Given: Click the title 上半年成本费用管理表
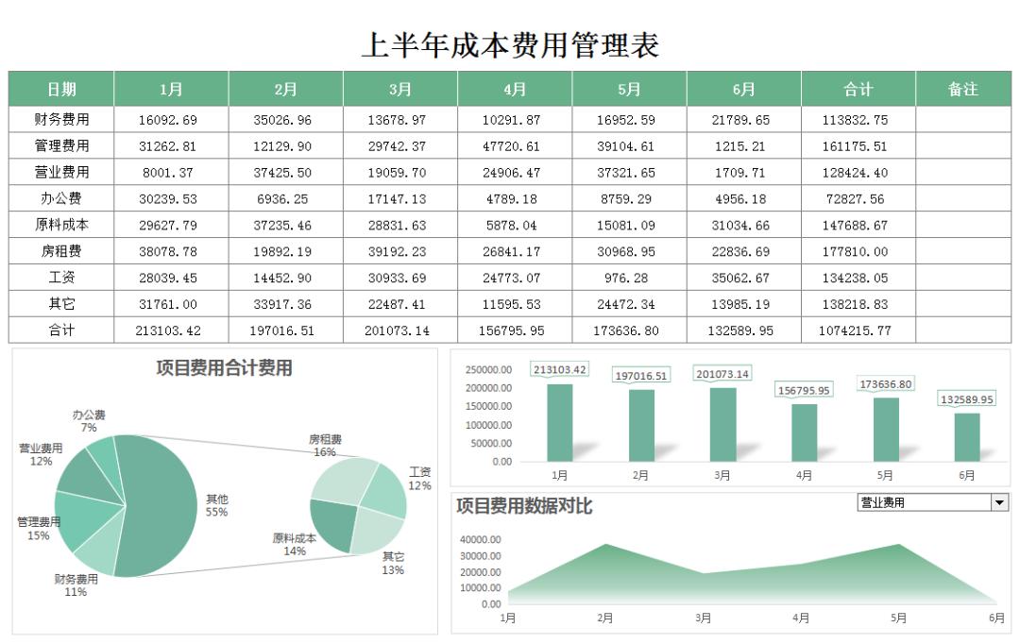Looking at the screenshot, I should (510, 44).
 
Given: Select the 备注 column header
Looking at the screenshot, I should (962, 90).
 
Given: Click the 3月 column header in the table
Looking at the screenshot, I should (400, 90).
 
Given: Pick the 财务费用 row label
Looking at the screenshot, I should (61, 120).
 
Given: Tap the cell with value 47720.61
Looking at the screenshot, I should (515, 146).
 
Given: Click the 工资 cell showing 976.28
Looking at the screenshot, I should (629, 279).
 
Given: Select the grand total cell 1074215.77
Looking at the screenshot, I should (858, 331).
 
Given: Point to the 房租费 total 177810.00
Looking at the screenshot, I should (858, 252).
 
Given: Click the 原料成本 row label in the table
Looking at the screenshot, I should (61, 226).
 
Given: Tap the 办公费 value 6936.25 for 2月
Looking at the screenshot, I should (285, 199).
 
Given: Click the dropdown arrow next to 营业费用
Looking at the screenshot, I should (999, 503).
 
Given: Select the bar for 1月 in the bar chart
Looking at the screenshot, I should (559, 422).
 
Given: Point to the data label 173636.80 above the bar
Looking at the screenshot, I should (885, 384).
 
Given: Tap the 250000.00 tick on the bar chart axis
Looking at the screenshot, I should (489, 370).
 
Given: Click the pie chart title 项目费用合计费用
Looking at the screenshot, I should (224, 369).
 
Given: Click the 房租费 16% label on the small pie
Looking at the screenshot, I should (325, 446).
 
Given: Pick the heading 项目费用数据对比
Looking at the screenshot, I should (524, 507).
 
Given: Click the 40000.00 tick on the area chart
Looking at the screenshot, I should (481, 540).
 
